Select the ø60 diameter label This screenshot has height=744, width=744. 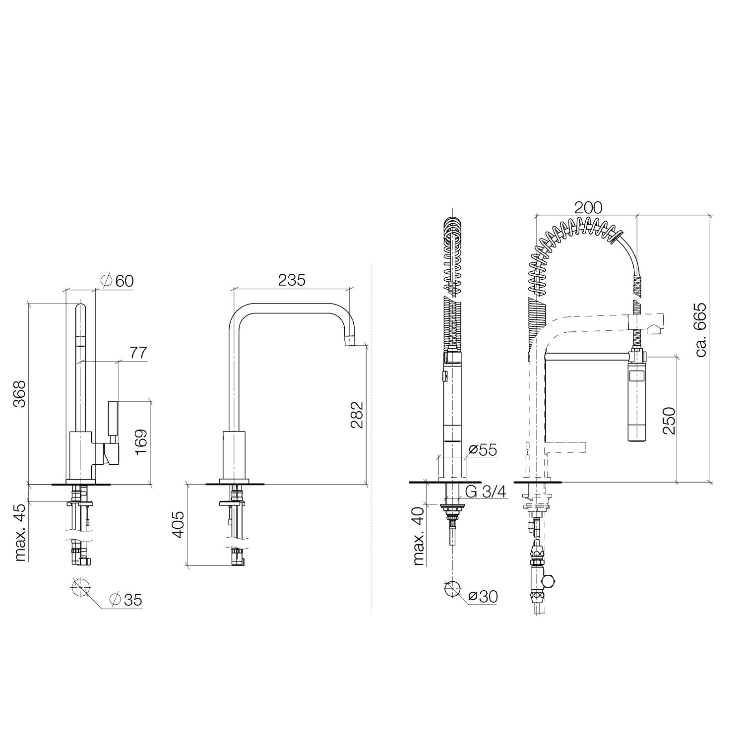coord(117,281)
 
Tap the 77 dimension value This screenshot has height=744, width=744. coord(138,353)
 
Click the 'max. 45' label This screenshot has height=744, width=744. coord(20,531)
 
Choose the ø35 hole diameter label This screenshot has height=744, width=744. coord(125,600)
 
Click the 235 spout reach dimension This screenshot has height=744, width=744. coord(291,280)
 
